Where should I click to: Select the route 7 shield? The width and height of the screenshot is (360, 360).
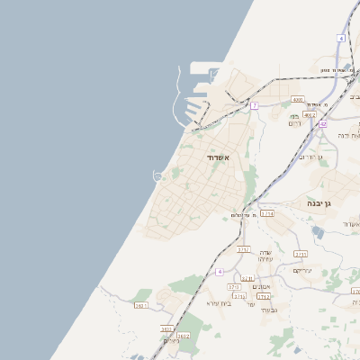tap(255, 106)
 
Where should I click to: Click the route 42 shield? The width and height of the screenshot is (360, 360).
tap(322, 124)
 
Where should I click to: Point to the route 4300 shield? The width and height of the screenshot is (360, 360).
tap(298, 100)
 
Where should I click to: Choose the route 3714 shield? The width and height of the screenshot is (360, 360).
tap(267, 214)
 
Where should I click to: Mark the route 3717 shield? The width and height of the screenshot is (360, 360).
tap(243, 249)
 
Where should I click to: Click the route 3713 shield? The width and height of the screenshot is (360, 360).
tap(234, 286)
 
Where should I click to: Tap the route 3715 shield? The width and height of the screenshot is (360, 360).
tap(247, 279)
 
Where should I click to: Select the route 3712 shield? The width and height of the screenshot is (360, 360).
tap(264, 296)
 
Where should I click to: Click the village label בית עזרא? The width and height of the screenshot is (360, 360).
tap(220, 303)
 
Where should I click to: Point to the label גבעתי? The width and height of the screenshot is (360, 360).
tap(267, 309)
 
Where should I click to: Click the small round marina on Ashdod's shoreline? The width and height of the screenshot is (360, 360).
tap(159, 175)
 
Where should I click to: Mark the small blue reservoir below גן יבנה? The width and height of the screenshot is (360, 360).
tap(318, 231)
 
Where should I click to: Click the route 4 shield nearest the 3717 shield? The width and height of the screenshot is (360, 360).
tap(219, 271)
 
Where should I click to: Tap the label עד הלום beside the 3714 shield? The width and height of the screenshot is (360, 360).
tap(240, 215)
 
